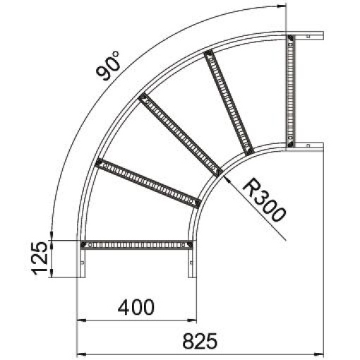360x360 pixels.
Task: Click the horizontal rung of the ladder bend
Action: (x=137, y=245)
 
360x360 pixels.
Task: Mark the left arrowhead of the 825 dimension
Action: (x=80, y=352)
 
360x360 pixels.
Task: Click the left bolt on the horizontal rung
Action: (x=85, y=245)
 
